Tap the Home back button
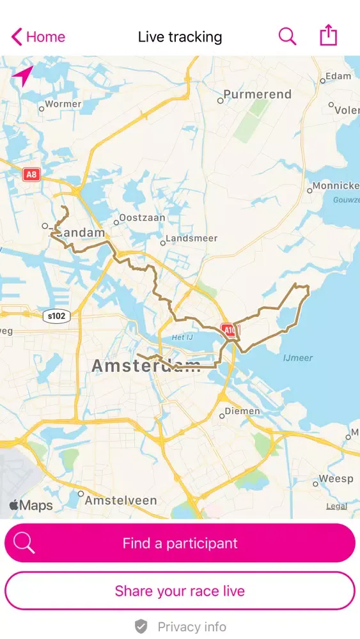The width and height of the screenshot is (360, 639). (x=38, y=37)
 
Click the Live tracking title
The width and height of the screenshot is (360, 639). (x=180, y=37)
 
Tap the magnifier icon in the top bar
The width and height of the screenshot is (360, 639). (x=287, y=36)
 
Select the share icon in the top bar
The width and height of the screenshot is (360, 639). (x=328, y=36)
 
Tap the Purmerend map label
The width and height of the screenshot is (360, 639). (x=257, y=95)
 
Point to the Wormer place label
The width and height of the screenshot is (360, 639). (x=63, y=104)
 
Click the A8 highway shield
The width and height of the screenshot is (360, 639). (x=31, y=174)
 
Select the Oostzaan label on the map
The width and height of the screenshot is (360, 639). (x=143, y=218)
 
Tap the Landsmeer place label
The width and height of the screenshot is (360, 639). (x=191, y=238)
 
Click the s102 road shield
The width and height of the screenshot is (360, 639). (x=56, y=316)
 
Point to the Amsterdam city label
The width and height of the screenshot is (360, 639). (x=146, y=366)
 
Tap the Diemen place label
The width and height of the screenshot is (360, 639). (x=242, y=412)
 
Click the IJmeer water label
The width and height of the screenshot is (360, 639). (x=299, y=358)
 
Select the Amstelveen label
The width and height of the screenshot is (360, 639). (x=121, y=500)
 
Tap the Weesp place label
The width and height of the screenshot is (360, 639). (x=336, y=479)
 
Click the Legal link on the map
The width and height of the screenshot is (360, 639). (x=336, y=506)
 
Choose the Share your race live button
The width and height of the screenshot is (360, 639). (x=180, y=591)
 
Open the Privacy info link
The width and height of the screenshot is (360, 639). (x=191, y=627)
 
